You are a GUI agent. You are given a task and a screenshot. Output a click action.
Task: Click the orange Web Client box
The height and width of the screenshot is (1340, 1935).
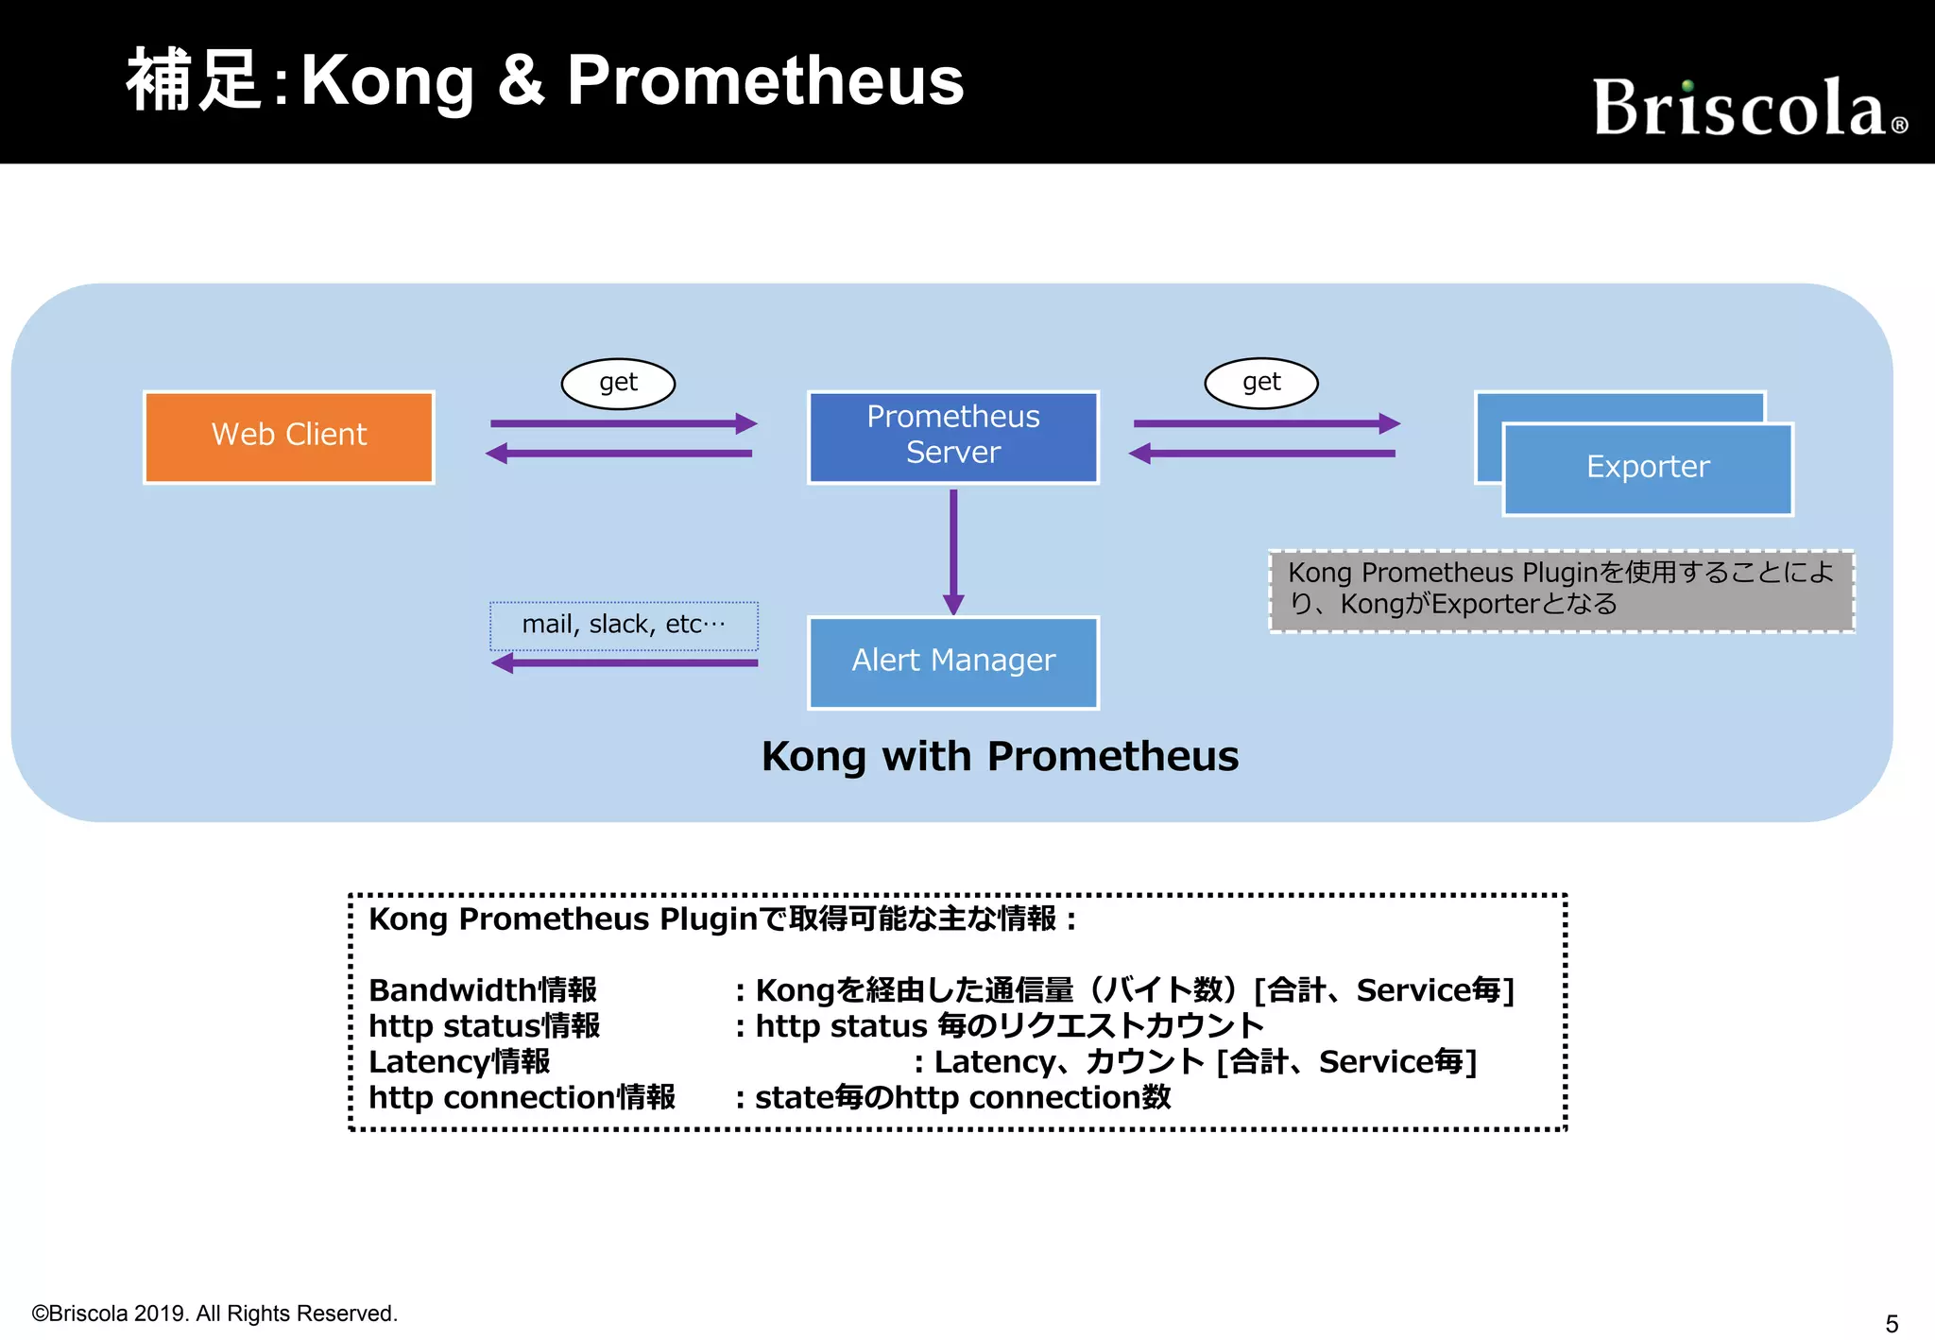click(289, 437)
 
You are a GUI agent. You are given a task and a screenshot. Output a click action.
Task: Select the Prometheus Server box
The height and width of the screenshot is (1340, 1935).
click(952, 437)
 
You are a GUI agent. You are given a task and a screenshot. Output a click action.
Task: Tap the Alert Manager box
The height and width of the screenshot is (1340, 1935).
click(952, 661)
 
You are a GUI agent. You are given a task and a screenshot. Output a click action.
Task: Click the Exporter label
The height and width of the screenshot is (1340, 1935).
click(1648, 467)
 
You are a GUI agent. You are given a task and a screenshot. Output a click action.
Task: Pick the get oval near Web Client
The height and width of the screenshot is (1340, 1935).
click(618, 383)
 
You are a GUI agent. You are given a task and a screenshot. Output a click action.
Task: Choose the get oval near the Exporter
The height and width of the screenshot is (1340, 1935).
click(1261, 383)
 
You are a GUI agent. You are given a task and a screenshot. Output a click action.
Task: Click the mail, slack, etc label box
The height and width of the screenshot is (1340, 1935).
click(624, 626)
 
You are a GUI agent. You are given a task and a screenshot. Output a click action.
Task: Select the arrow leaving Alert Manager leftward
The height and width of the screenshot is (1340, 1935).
click(624, 663)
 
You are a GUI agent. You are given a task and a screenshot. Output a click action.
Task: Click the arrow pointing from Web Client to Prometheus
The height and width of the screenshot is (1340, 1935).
click(624, 423)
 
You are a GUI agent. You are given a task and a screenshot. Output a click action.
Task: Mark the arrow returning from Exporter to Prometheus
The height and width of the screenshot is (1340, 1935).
click(1262, 454)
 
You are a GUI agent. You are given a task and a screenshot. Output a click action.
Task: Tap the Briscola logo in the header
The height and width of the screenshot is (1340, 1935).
click(1748, 108)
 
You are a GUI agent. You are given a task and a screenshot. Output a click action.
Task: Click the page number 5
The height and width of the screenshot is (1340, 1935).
click(1892, 1323)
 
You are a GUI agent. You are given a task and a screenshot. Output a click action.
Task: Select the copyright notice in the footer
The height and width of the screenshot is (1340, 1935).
click(214, 1314)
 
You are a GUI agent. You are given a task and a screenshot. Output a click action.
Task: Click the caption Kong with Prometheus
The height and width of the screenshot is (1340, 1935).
click(1000, 756)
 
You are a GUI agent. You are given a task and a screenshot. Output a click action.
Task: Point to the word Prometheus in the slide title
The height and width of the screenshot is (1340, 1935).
click(765, 81)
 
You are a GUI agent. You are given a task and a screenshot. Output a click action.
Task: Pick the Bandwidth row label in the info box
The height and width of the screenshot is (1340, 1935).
click(483, 990)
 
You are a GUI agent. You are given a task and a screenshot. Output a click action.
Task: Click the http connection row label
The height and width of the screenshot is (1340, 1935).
click(522, 1098)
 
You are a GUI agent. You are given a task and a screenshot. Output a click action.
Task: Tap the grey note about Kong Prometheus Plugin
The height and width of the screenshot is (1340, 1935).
click(1561, 592)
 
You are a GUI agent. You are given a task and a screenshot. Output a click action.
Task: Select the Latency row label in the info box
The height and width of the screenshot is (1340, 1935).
click(459, 1062)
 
